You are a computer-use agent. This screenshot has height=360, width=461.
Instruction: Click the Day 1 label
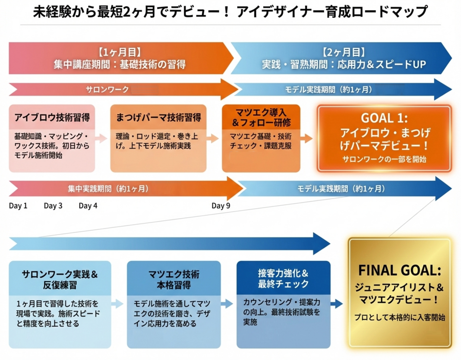18,206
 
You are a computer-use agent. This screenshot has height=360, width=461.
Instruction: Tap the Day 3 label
53,206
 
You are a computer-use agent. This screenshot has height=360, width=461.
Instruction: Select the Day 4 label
88,206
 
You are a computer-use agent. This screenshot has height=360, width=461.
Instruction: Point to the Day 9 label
221,206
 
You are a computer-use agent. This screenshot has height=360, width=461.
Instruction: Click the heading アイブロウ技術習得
52,117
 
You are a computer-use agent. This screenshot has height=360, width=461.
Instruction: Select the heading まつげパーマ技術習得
158,117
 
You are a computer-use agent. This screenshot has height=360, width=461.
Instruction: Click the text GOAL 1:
384,118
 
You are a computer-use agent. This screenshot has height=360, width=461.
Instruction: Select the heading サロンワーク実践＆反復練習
60,279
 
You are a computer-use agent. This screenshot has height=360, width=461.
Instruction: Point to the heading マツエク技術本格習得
173,279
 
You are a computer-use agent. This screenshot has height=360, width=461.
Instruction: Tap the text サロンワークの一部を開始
384,159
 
